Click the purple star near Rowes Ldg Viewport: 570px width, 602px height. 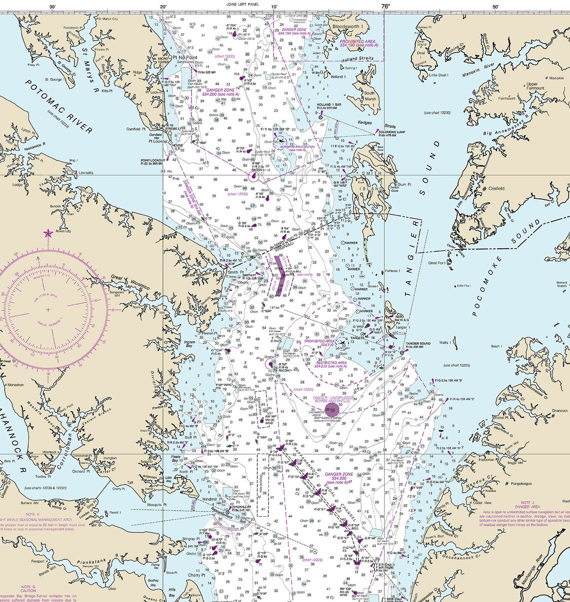(x=48, y=233)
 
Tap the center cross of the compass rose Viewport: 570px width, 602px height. (x=48, y=310)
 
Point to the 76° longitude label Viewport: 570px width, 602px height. (x=384, y=6)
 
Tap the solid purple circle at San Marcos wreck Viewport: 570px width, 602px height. (x=331, y=410)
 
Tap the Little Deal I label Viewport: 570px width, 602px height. (x=437, y=75)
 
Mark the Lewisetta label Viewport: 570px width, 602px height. (x=85, y=173)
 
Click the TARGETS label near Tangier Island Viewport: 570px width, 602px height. (x=357, y=338)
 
